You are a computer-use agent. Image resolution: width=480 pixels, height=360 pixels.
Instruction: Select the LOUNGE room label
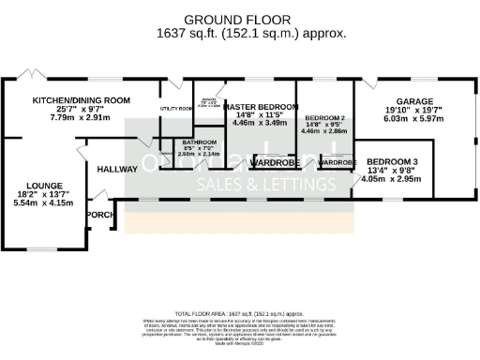(x=43, y=186)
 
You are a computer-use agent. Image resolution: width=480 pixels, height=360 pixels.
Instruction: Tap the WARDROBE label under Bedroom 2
(x=337, y=163)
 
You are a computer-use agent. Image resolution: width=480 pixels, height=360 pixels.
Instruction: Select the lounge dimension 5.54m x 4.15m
(x=43, y=202)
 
